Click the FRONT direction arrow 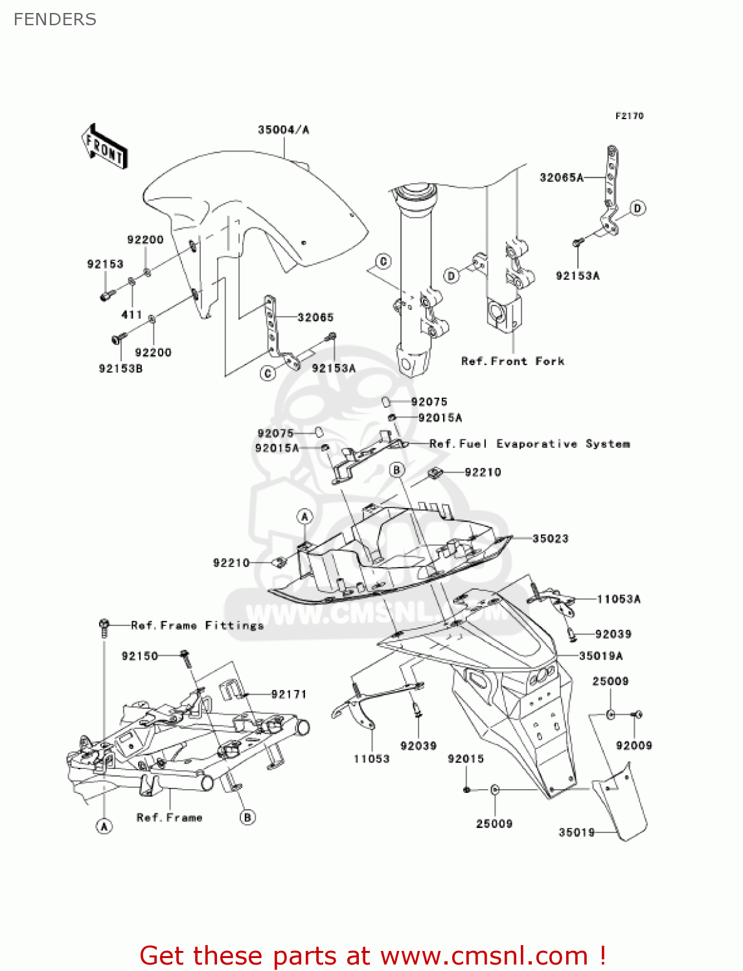point(104,147)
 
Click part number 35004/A point(284,130)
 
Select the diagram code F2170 point(629,116)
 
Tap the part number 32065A point(562,177)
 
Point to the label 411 point(131,315)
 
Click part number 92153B point(120,368)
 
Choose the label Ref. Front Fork point(512,361)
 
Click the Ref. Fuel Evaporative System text point(529,444)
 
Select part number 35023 point(550,539)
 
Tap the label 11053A point(619,599)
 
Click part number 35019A point(600,656)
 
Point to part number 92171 point(289,695)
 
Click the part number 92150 point(140,656)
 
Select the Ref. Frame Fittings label point(198,625)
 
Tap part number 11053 point(371,759)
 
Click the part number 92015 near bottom point(466,759)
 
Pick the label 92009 point(634,746)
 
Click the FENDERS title point(55,19)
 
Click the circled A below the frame point(104,826)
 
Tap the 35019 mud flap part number point(577,832)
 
